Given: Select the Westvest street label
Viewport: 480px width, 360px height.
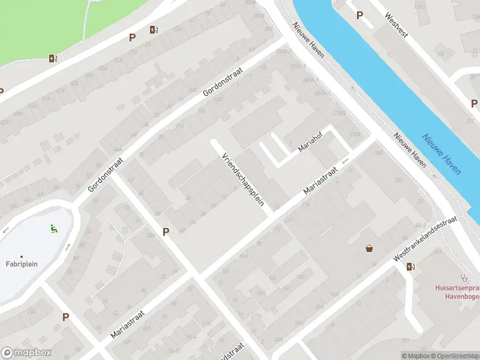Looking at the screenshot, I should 397,26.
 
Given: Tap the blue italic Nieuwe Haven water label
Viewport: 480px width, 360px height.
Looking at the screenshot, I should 442,154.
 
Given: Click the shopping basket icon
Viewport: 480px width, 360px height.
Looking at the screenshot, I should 369,248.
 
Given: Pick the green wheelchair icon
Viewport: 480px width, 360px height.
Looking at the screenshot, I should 53,227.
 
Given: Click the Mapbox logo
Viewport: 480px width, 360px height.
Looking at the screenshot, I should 26,353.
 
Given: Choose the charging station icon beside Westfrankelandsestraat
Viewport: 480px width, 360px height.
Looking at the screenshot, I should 410,266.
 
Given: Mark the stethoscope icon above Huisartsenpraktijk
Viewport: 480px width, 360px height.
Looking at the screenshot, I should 463,277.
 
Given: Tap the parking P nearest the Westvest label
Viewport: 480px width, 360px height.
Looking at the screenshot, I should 359,16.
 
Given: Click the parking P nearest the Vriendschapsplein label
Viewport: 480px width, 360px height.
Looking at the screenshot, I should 166,232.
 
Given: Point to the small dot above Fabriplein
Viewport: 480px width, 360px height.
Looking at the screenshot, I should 22,256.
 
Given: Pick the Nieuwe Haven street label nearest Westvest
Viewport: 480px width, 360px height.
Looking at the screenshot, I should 308,40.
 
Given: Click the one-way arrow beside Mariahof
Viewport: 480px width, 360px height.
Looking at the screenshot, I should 345,161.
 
